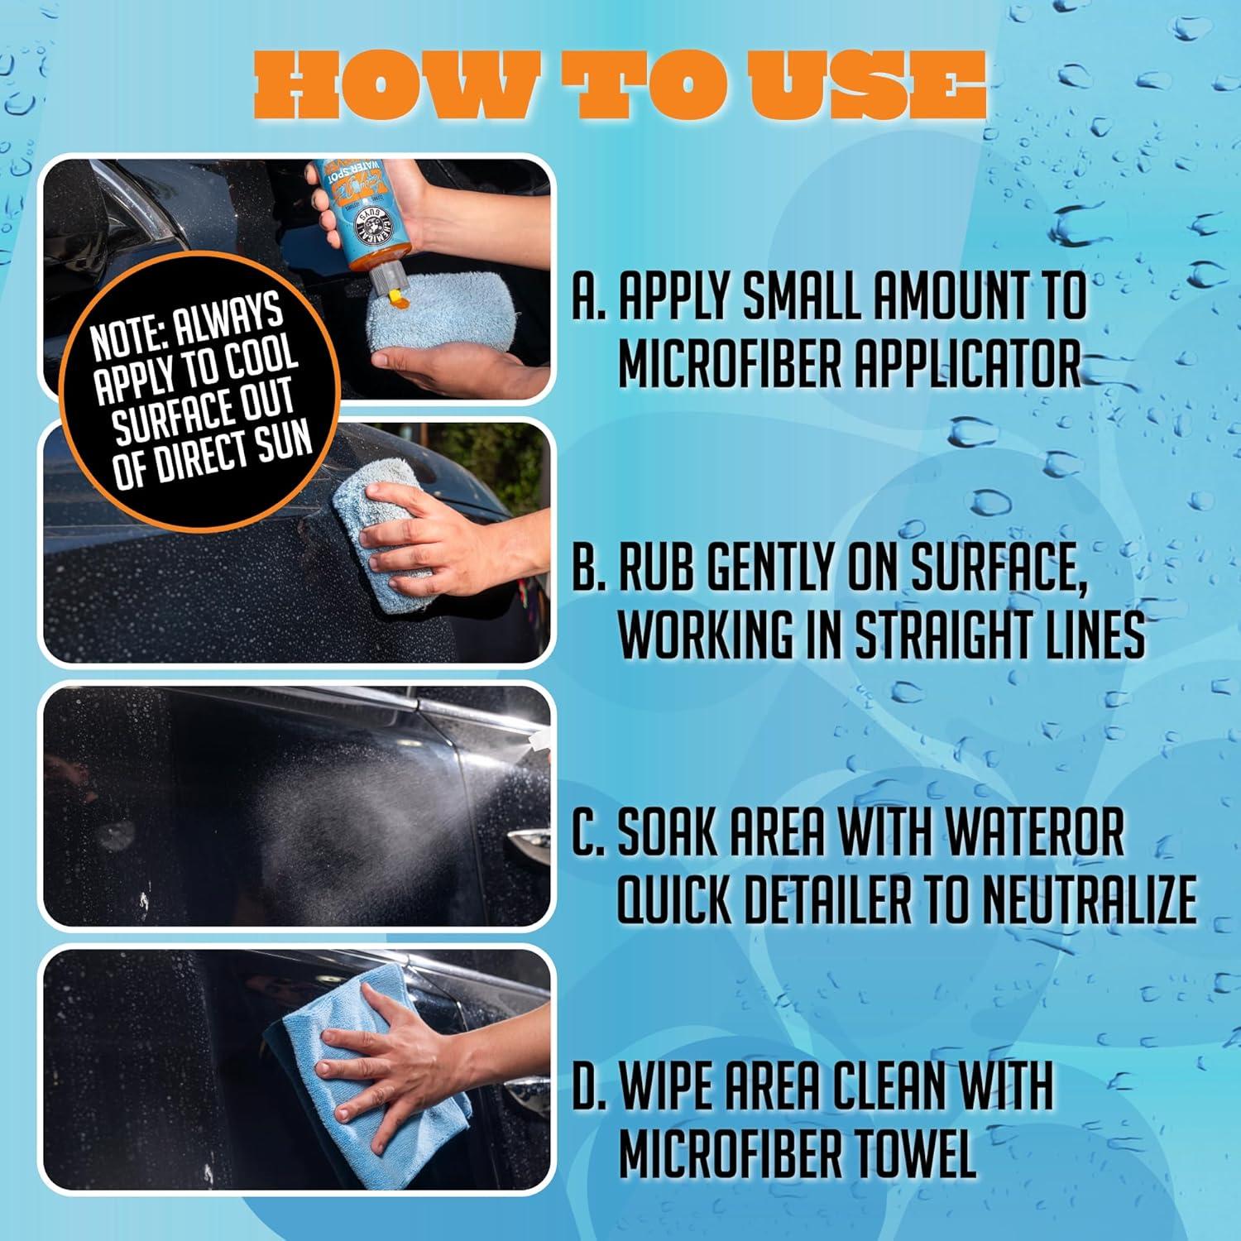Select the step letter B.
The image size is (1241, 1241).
tap(585, 567)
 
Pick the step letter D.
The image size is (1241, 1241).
tap(585, 1085)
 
